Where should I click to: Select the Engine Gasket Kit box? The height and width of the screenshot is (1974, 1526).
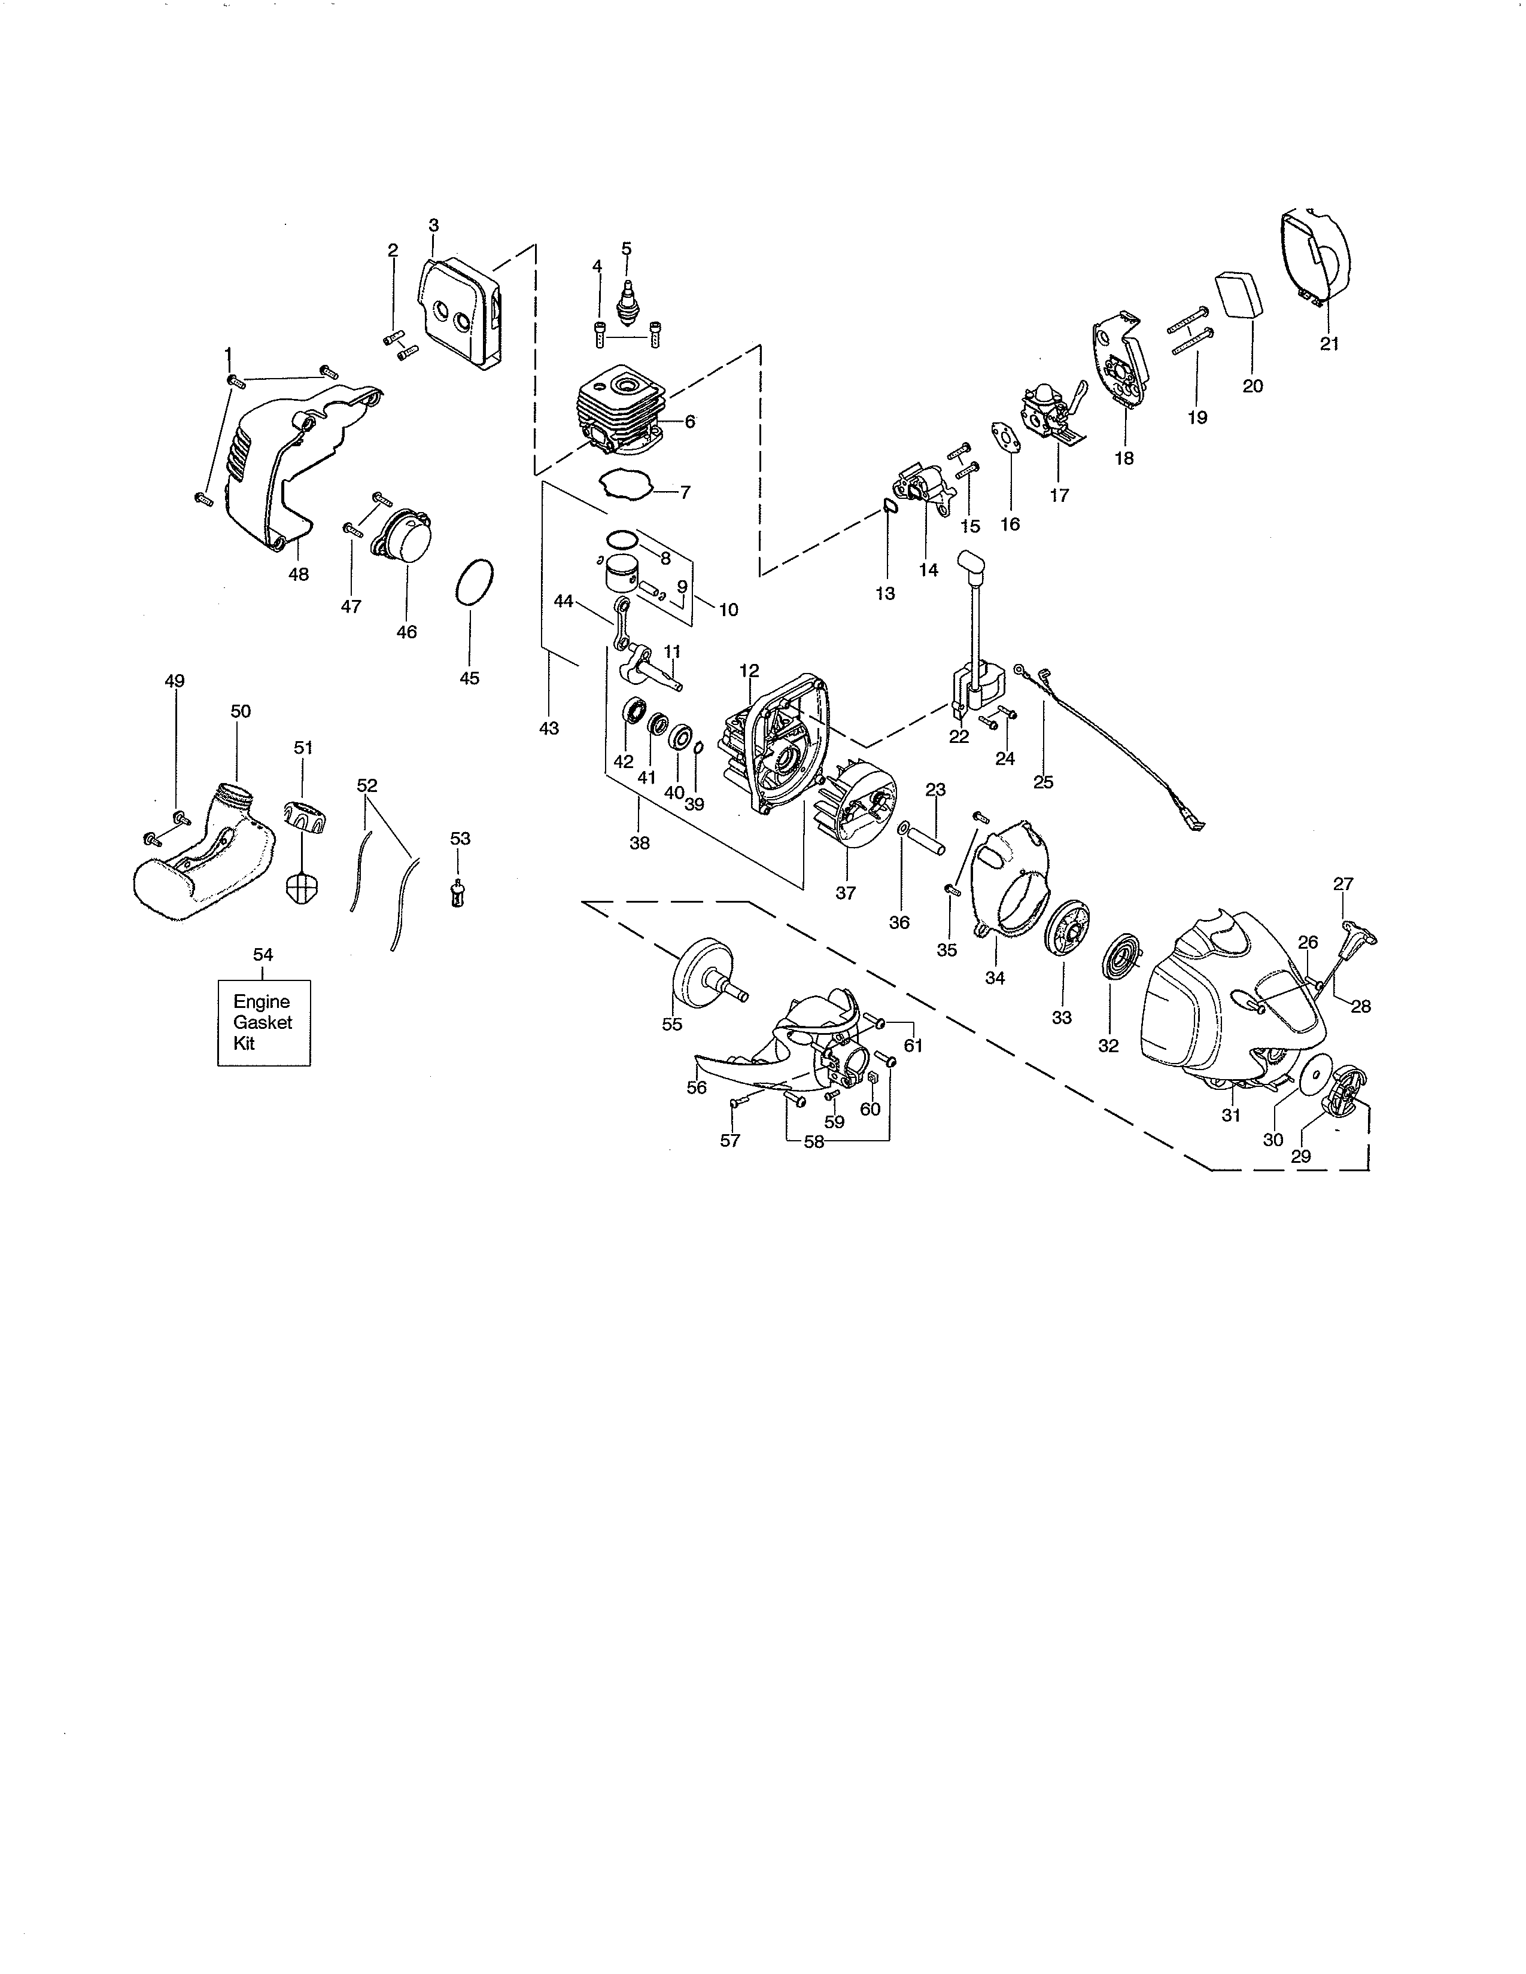[263, 1022]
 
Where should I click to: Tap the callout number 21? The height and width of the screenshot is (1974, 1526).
[1329, 343]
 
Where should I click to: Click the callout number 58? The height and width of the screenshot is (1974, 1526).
[814, 1141]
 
